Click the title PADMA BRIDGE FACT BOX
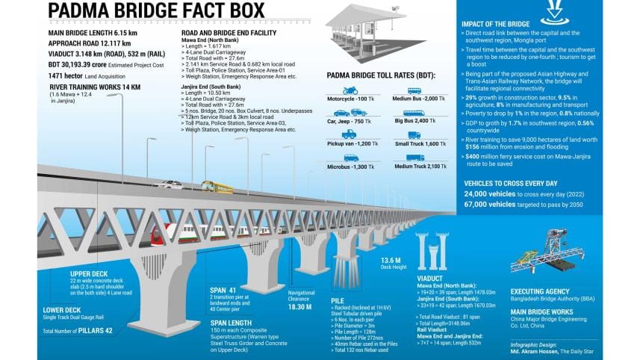coord(156,12)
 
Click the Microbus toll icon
coord(350,158)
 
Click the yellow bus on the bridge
coord(213,187)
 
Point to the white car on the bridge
coord(168,185)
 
